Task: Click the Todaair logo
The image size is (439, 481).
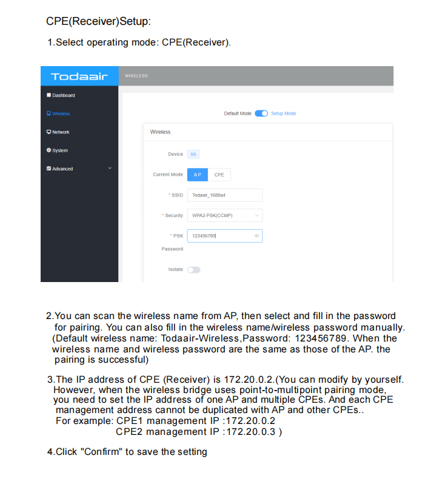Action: (79, 76)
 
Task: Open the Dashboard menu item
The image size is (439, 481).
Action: (63, 95)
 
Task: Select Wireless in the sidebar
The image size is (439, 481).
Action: (61, 113)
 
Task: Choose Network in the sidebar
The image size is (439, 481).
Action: (61, 132)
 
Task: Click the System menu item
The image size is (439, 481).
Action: (59, 150)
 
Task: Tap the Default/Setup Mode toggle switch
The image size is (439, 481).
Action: (261, 113)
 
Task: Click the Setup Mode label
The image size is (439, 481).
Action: (283, 113)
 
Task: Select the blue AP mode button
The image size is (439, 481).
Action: (197, 175)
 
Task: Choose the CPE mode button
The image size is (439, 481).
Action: (219, 175)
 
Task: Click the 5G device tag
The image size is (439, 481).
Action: (193, 154)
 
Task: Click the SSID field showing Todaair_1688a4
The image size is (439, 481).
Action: (224, 195)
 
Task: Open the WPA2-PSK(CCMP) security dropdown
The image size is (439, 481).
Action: (224, 215)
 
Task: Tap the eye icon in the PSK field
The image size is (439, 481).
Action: (257, 235)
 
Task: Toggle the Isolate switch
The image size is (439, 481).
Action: (193, 269)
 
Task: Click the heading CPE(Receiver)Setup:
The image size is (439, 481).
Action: (98, 21)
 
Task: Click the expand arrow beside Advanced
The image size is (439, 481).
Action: (110, 168)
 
